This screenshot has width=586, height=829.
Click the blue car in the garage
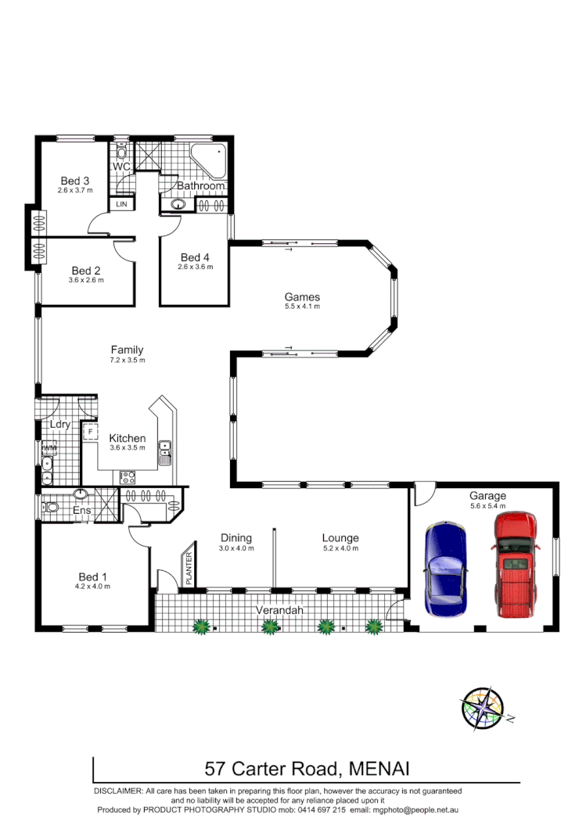[444, 569]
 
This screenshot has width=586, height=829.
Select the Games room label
[302, 297]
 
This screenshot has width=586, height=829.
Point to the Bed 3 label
[75, 181]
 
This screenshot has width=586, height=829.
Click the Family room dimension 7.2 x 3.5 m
[127, 361]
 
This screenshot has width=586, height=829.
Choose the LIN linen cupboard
[121, 204]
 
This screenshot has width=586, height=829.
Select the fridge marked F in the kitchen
[91, 431]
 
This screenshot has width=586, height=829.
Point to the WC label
[120, 167]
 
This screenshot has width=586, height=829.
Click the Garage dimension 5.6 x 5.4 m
[487, 506]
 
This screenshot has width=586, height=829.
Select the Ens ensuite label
[82, 511]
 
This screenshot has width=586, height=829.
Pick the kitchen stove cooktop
[127, 476]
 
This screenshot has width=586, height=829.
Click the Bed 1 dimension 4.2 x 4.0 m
[92, 586]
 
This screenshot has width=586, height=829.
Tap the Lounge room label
[340, 538]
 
